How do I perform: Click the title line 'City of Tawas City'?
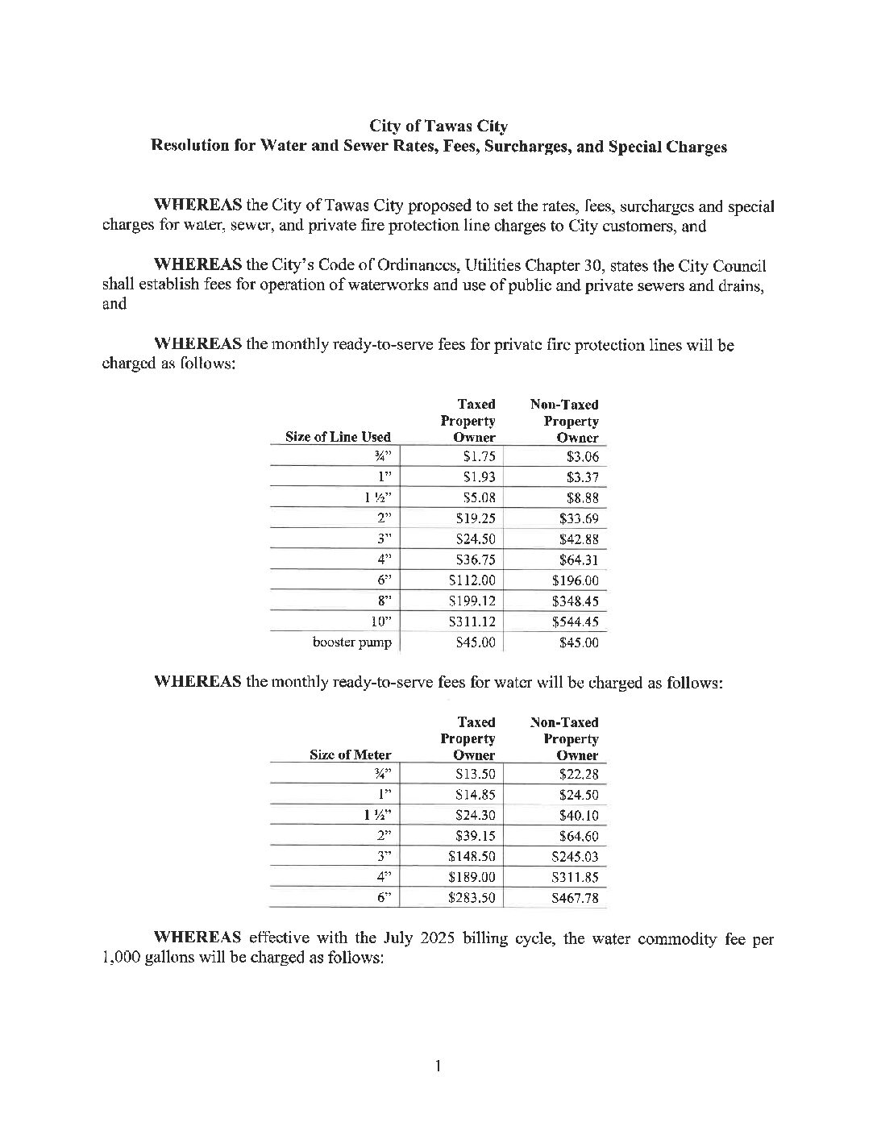pyautogui.click(x=438, y=127)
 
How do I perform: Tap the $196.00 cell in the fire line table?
pyautogui.click(x=576, y=580)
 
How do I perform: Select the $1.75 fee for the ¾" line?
pyautogui.click(x=476, y=456)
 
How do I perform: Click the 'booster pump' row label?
pyautogui.click(x=352, y=642)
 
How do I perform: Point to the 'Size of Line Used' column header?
pyautogui.click(x=338, y=437)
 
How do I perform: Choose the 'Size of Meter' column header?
pyautogui.click(x=350, y=755)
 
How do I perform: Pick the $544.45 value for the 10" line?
pyautogui.click(x=576, y=622)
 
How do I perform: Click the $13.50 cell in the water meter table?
pyautogui.click(x=476, y=774)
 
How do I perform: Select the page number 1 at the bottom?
pyautogui.click(x=438, y=1067)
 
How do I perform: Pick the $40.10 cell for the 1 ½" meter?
pyautogui.click(x=579, y=815)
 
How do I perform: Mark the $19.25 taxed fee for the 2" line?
pyautogui.click(x=476, y=518)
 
